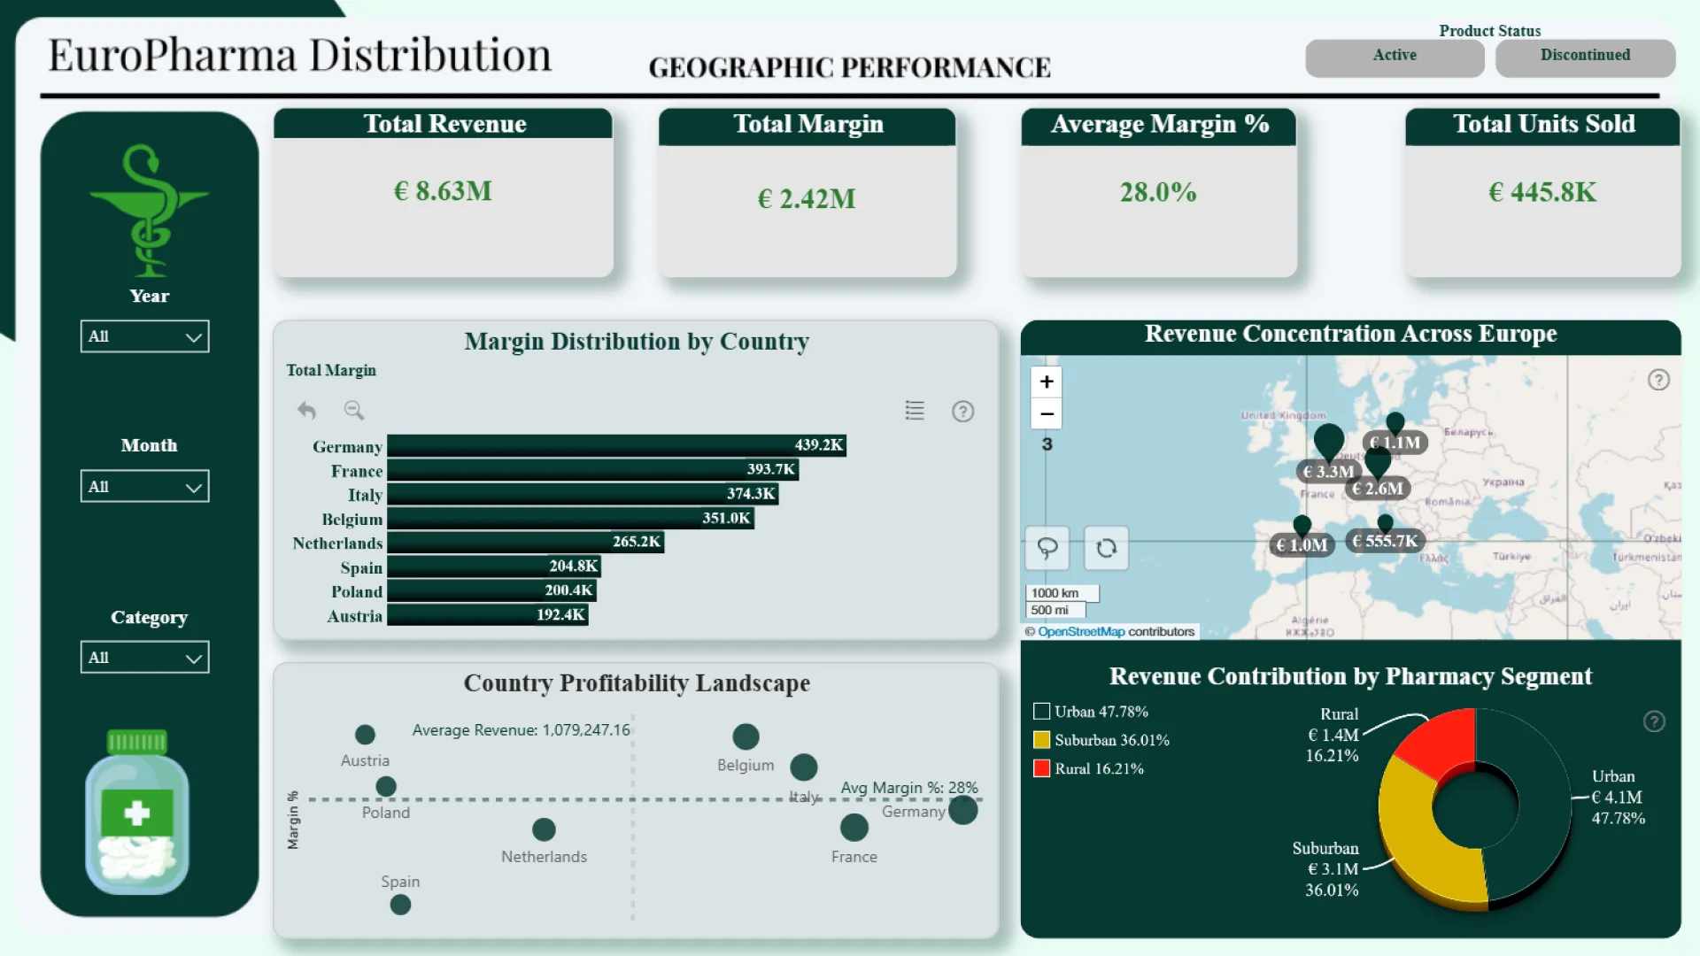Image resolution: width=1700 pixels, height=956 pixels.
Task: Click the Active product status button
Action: coord(1395,57)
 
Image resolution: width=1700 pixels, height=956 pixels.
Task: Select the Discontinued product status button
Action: coord(1585,57)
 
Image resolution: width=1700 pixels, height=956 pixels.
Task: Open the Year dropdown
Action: coord(145,336)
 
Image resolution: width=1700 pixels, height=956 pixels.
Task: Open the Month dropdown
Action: coord(145,486)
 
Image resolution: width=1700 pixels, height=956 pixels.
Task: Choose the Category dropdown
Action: coord(145,657)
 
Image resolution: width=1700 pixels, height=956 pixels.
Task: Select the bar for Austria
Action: coord(487,615)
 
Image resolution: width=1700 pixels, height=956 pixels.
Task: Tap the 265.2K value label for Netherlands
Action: coord(636,542)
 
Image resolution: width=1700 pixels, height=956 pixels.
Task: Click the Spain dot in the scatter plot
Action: coord(400,905)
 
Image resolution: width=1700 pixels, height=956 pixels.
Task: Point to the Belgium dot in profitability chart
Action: coord(746,736)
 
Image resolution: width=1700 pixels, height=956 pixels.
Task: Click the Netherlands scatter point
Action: coord(544,829)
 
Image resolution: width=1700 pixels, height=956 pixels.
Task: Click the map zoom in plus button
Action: coord(1047,382)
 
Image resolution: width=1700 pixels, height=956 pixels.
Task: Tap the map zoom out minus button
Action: coord(1047,413)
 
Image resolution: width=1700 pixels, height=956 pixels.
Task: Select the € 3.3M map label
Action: coord(1327,472)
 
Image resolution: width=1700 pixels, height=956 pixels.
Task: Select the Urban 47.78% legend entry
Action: coord(1101,712)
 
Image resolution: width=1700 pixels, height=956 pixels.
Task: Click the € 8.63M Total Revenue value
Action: coord(443,191)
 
